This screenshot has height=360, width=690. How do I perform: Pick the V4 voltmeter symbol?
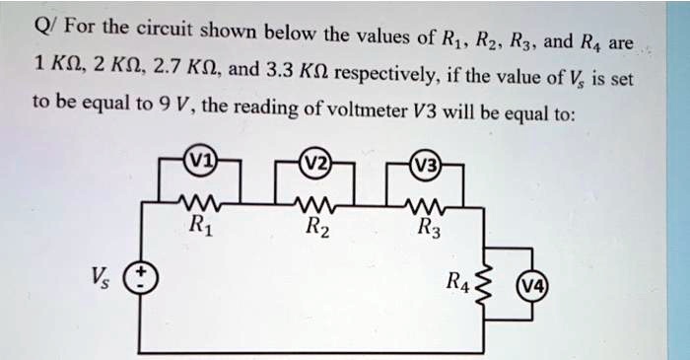534,288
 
